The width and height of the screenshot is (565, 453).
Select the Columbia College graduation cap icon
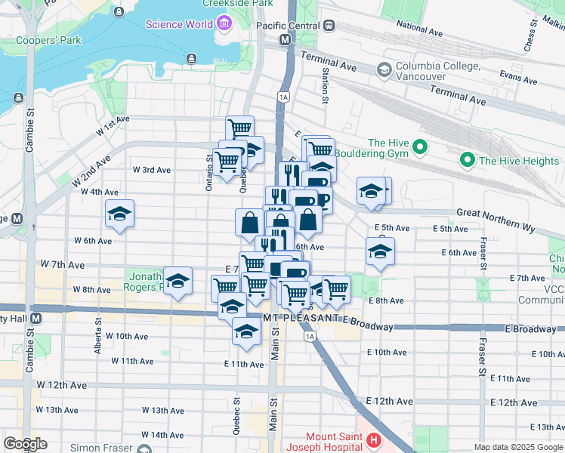(384, 69)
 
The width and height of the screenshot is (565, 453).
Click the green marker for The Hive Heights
(467, 160)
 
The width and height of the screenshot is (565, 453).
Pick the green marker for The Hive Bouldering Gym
(421, 147)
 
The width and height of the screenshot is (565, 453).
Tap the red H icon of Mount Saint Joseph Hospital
(372, 440)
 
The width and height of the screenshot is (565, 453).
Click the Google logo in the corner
(25, 443)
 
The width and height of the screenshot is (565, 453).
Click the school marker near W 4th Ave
(120, 214)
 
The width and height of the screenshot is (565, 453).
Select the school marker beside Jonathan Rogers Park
(178, 282)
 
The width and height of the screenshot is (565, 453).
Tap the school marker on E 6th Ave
(379, 252)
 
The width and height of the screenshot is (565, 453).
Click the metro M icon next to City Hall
(36, 319)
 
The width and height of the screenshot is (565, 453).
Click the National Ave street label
(419, 29)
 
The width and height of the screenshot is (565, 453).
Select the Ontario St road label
(209, 172)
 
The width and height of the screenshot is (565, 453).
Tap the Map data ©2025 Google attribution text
(517, 447)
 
